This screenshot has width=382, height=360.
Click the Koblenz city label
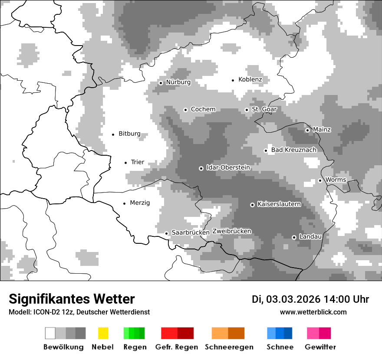tap(250, 79)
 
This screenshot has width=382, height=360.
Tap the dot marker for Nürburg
tap(161, 83)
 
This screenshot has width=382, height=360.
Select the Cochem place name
tap(203, 109)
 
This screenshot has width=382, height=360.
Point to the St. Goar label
tap(264, 109)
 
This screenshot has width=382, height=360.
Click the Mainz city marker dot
tap(308, 130)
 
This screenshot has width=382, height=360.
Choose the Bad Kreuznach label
tap(293, 150)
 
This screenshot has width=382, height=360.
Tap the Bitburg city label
tap(129, 134)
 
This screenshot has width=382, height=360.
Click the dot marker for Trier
tap(126, 163)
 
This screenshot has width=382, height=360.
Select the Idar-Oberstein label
tap(228, 167)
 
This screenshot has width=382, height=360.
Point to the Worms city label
tap(336, 180)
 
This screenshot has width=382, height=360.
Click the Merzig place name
tap(140, 203)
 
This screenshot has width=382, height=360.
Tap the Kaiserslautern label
tap(279, 204)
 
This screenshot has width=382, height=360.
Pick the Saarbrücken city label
tap(191, 232)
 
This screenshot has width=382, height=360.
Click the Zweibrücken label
tap(231, 231)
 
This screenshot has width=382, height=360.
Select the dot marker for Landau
tap(294, 237)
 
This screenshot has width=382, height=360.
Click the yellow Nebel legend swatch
tap(103, 333)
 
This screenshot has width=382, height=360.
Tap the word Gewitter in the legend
tap(320, 347)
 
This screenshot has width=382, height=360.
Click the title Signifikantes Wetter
tap(72, 299)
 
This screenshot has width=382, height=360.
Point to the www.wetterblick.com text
tap(313, 312)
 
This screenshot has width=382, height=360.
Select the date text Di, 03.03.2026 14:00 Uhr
tap(310, 299)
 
